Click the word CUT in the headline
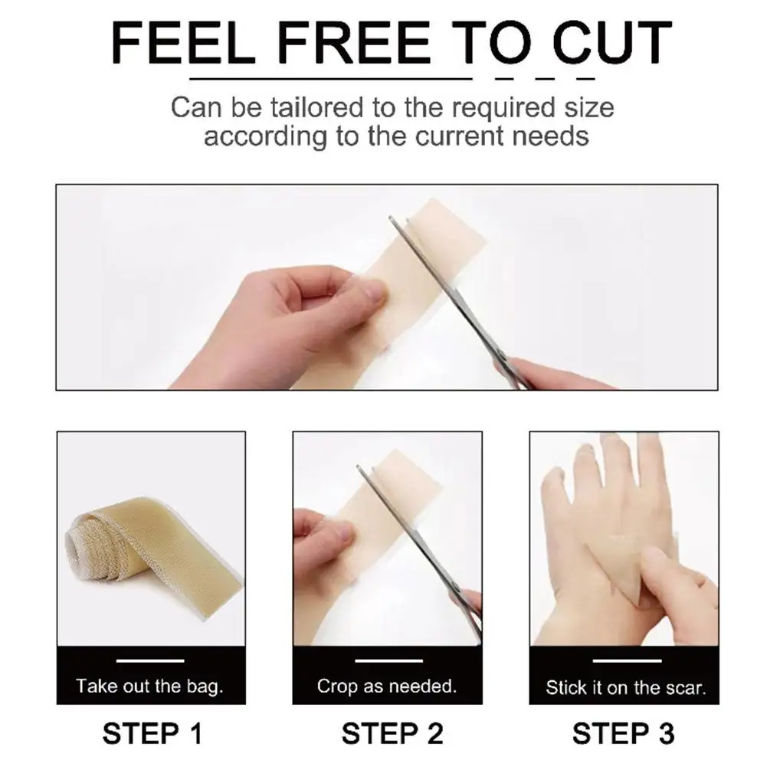coord(611,43)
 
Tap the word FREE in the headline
coord(353,43)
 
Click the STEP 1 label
coord(152,734)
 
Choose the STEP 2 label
coord(392,734)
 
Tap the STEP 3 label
coord(623,734)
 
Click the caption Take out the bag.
coord(149,687)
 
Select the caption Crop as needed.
coord(386,687)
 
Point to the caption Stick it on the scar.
coord(626,688)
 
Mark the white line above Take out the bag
coord(150,660)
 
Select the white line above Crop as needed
coord(389,660)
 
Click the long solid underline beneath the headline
coord(331,78)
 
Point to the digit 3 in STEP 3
coord(665,734)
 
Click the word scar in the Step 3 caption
coord(688,689)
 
